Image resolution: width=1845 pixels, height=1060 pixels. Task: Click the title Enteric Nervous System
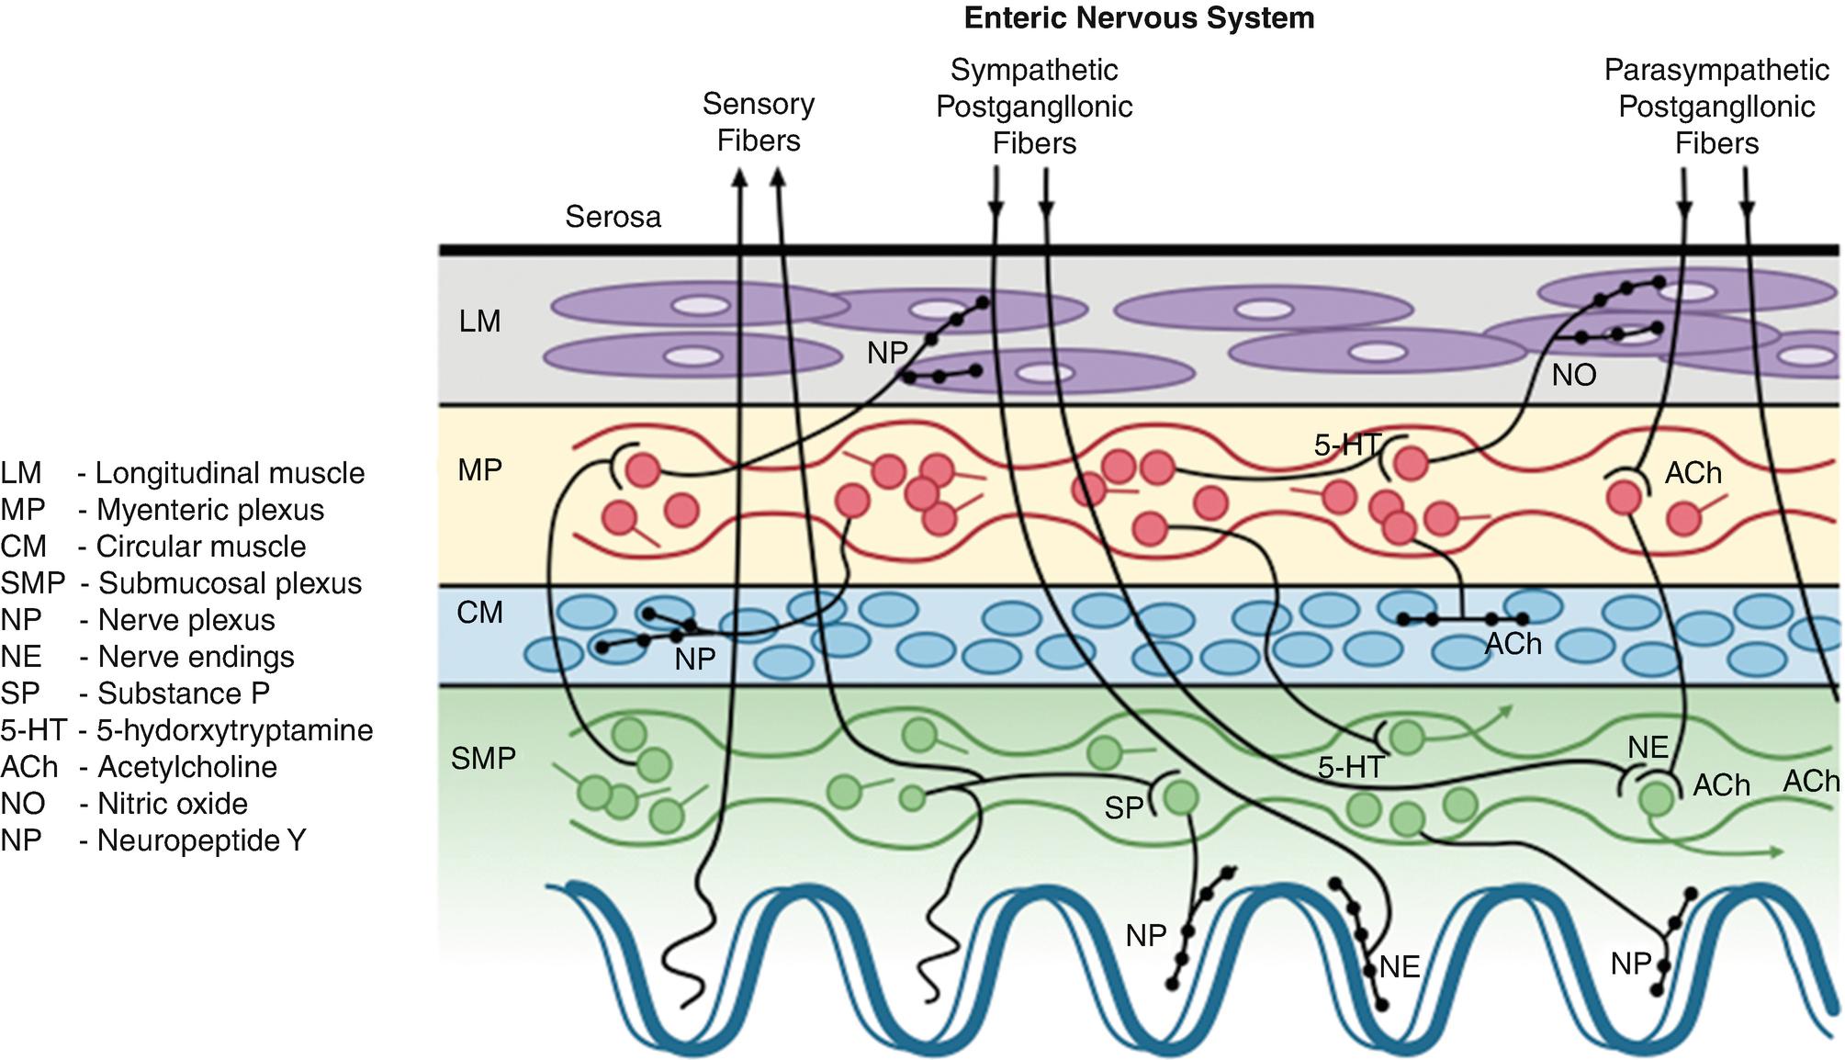(x=1139, y=18)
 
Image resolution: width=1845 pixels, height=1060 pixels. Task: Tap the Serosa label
(x=613, y=217)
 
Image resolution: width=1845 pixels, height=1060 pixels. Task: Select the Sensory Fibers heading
(x=759, y=122)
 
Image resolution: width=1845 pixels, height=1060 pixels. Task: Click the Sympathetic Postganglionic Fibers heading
(x=1034, y=107)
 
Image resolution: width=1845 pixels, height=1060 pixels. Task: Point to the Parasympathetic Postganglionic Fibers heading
(x=1716, y=107)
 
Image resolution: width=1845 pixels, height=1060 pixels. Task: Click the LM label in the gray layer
(x=480, y=321)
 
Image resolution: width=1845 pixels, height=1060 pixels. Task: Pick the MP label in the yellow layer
(x=480, y=470)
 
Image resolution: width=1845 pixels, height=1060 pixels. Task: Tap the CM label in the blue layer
(x=480, y=613)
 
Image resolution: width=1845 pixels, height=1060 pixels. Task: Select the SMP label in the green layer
(x=483, y=759)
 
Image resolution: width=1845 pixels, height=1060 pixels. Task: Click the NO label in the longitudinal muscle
(x=1574, y=375)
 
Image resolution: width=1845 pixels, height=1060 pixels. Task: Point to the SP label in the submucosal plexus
(x=1123, y=808)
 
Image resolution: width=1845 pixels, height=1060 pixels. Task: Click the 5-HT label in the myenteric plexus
(x=1346, y=445)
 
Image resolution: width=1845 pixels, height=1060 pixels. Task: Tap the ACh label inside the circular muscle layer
(x=1513, y=645)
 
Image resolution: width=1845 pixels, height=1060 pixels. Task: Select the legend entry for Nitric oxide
(x=125, y=804)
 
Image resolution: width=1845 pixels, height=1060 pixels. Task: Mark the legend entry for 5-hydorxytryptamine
(x=186, y=730)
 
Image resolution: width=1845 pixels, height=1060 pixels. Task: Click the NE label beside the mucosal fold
(x=1400, y=967)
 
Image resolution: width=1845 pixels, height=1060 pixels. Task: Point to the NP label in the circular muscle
(x=694, y=660)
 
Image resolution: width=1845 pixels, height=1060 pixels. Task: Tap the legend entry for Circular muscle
(x=153, y=547)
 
